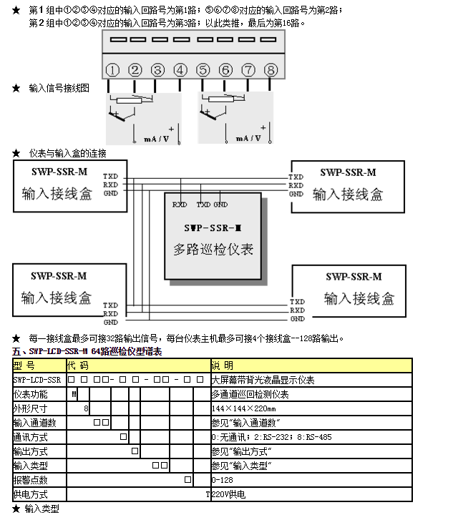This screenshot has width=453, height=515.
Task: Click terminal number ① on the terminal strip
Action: tap(112, 70)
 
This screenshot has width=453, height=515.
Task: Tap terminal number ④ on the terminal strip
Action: tap(180, 70)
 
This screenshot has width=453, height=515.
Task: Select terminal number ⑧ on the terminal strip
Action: tap(271, 70)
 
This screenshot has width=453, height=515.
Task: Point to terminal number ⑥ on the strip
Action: tap(225, 70)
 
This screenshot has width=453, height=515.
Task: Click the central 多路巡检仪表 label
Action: tap(213, 250)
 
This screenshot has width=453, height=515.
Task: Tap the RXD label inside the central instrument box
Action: tap(180, 205)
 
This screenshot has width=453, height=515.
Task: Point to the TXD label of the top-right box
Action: tap(296, 177)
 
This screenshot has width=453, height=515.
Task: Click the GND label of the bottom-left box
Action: tap(110, 322)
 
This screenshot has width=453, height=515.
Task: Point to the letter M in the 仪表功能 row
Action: tap(74, 394)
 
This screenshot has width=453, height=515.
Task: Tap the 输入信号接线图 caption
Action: tap(59, 88)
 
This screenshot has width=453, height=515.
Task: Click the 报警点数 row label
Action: tap(30, 479)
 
